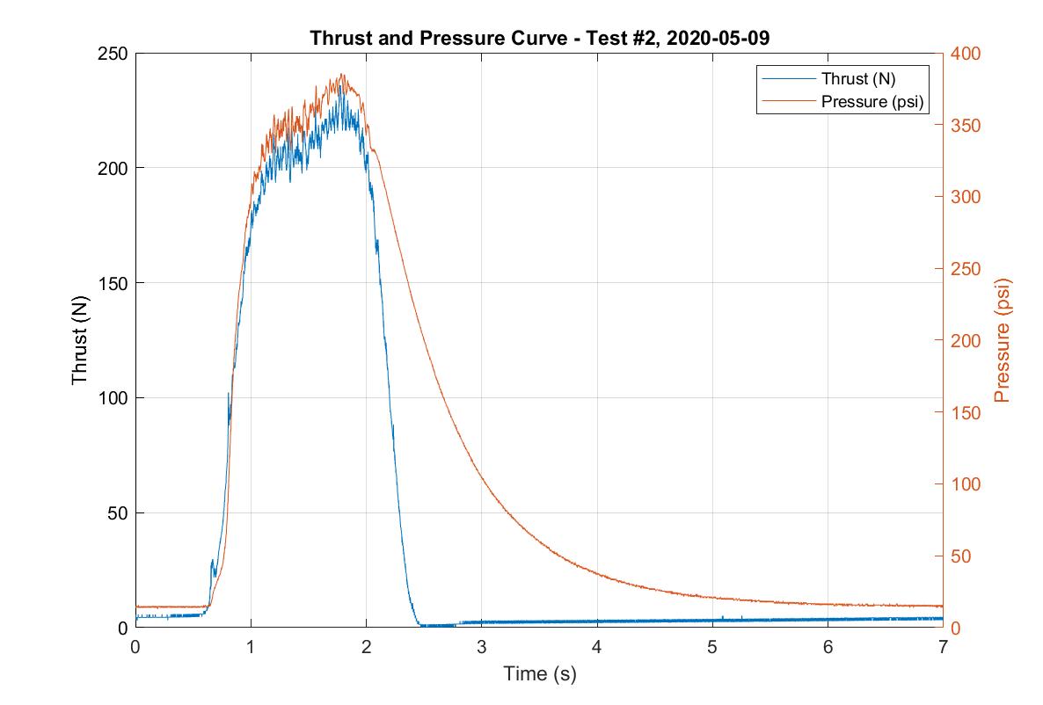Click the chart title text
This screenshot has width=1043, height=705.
click(x=539, y=39)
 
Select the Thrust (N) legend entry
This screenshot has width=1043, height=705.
click(x=858, y=78)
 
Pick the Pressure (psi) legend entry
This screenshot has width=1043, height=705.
click(x=872, y=101)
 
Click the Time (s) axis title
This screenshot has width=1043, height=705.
click(x=539, y=674)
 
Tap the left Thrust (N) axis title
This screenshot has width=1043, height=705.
click(x=80, y=340)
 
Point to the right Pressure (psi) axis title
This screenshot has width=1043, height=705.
click(x=1002, y=340)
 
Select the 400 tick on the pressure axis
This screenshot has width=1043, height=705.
click(x=964, y=54)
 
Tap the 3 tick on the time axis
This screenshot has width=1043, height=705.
click(x=482, y=646)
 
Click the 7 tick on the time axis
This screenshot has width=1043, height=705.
click(x=943, y=646)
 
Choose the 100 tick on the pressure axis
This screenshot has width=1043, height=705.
click(x=964, y=484)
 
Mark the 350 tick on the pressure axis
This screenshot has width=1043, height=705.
click(x=964, y=126)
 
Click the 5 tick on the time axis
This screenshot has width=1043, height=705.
click(x=712, y=646)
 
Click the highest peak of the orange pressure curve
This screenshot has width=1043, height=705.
click(x=342, y=75)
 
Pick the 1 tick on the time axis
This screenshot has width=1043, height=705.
click(x=251, y=646)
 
